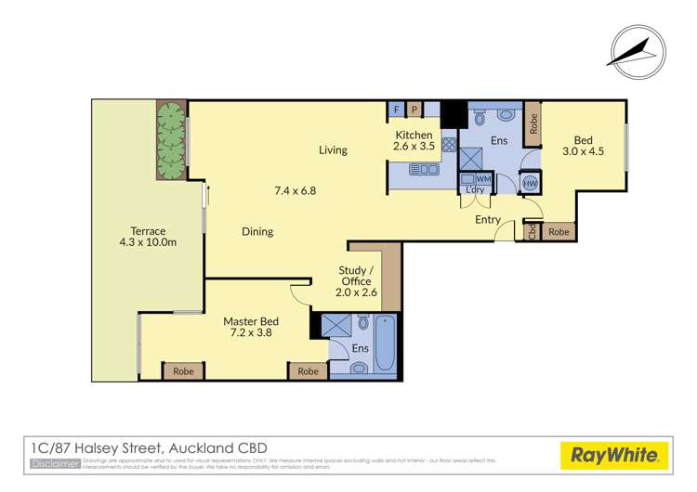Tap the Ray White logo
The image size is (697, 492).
[614, 456]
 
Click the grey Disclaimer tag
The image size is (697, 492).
[55, 463]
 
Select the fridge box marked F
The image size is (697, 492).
[397, 110]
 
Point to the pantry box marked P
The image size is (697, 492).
[414, 110]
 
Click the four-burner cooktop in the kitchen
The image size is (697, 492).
[449, 145]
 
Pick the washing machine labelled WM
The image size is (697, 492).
[482, 178]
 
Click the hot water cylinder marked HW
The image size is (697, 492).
[531, 184]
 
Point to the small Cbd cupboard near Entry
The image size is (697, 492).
[532, 232]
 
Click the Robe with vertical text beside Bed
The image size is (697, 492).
[533, 123]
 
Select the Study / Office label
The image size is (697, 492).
[356, 276]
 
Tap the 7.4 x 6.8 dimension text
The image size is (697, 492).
[296, 190]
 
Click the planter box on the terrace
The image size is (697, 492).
[170, 142]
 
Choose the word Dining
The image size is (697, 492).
[257, 231]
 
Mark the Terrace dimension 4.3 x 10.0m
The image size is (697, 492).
[149, 243]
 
